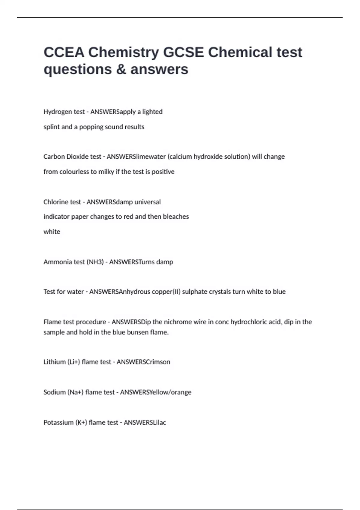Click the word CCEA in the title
pyautogui.click(x=64, y=52)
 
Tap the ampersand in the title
pyautogui.click(x=120, y=69)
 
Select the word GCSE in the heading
pyautogui.click(x=183, y=52)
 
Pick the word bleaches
pyautogui.click(x=176, y=217)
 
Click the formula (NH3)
pyautogui.click(x=95, y=262)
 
